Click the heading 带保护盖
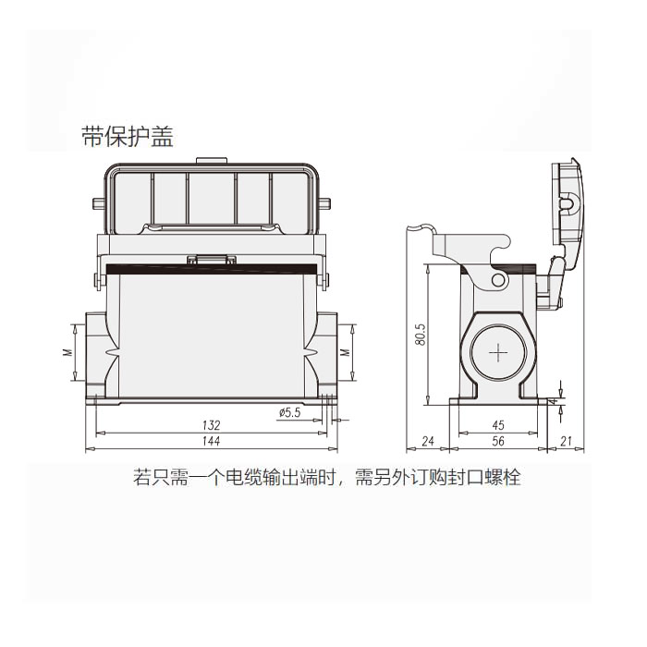tap(127, 137)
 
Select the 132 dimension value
tap(211, 425)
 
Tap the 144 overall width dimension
tap(211, 444)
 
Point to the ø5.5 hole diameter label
tap(288, 413)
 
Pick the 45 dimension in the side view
tap(498, 425)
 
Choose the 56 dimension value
tap(498, 444)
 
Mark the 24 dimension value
tap(428, 444)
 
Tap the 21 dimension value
tap(568, 444)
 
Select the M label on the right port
tap(344, 352)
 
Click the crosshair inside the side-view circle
tap(498, 352)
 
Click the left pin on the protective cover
tap(96, 202)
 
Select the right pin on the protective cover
tap(324, 202)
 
